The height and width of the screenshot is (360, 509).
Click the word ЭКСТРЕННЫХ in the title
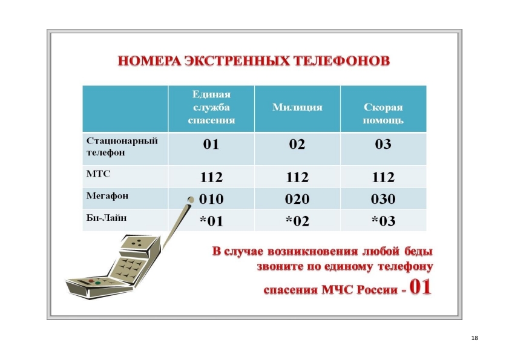[x=237, y=61]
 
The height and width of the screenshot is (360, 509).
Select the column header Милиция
[x=297, y=108]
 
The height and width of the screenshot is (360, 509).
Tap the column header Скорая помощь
[x=383, y=114]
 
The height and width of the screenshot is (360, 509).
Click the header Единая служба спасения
[x=211, y=107]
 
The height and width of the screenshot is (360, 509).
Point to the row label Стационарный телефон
[x=122, y=146]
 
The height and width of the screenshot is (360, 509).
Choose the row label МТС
[x=99, y=174]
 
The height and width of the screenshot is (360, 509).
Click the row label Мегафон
[x=107, y=196]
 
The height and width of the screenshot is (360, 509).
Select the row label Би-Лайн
[x=106, y=217]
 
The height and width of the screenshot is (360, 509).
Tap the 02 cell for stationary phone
[x=297, y=144]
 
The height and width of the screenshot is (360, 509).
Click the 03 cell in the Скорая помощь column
[x=383, y=144]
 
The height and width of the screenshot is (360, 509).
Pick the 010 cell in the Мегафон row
[x=211, y=199]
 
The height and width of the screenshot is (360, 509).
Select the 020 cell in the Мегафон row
[x=297, y=199]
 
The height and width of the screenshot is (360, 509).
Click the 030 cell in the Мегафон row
[x=383, y=199]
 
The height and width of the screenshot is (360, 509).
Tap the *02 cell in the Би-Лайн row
[x=297, y=221]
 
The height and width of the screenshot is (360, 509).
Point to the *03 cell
[x=383, y=221]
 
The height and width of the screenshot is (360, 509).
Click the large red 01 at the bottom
[x=421, y=287]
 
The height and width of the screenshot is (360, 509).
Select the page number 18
[x=475, y=338]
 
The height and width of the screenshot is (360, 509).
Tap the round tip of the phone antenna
[x=191, y=200]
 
